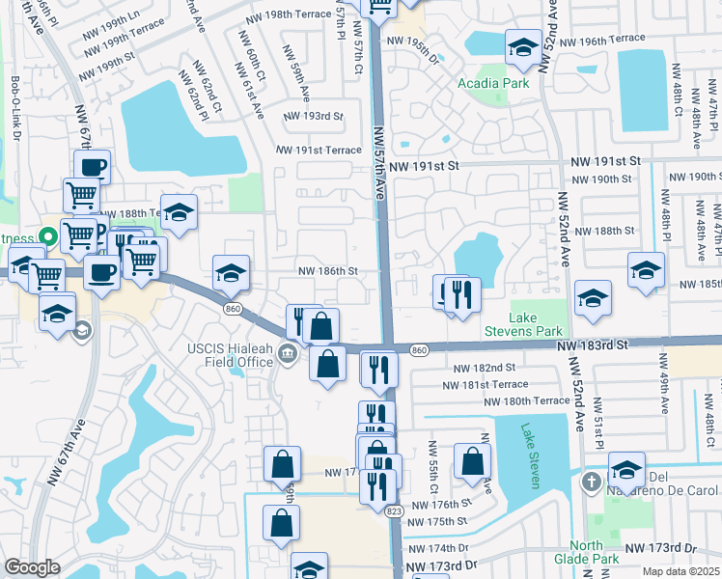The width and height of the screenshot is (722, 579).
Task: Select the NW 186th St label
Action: [327, 272]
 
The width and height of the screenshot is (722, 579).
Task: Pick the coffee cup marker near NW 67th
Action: [93, 166]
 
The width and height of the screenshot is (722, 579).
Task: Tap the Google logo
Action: [32, 567]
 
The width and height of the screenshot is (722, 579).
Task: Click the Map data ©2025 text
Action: [682, 571]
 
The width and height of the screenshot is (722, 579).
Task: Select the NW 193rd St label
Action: [313, 116]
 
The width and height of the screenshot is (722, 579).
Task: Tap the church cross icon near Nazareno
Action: [590, 480]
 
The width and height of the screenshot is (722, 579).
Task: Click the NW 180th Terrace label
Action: [527, 401]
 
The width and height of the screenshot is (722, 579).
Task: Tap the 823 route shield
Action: [393, 510]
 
